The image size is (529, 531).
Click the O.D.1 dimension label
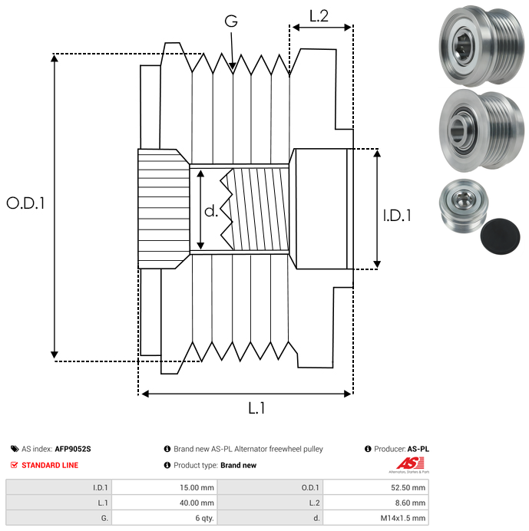[26, 203]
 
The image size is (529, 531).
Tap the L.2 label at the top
[319, 15]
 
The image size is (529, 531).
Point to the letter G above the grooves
[231, 22]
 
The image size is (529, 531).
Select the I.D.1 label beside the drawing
[397, 216]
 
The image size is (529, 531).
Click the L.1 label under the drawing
[256, 408]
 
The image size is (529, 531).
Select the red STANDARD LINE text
[50, 465]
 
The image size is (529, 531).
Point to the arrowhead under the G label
[233, 68]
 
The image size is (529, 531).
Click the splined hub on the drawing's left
[163, 208]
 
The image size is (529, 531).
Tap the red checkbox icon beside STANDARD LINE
[14, 465]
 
